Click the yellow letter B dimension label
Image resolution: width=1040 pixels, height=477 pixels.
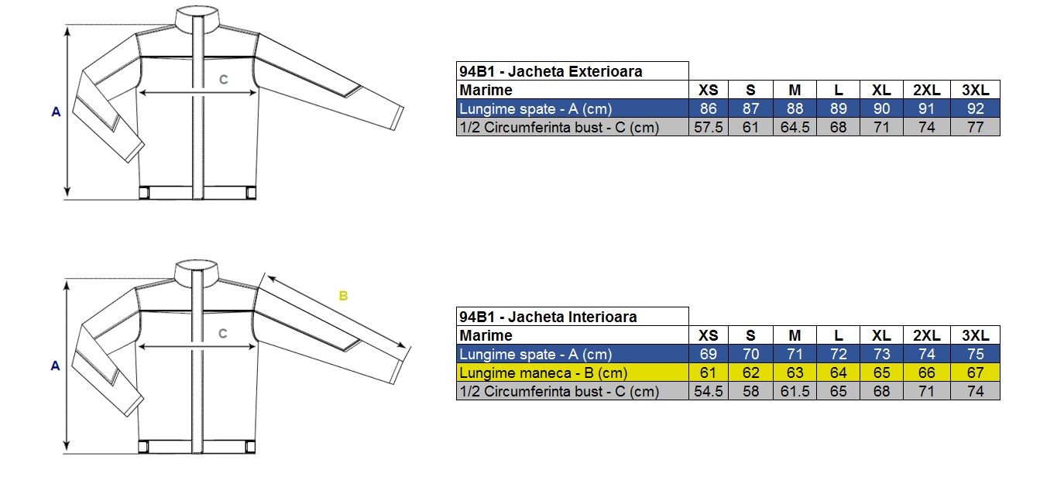pyautogui.click(x=343, y=296)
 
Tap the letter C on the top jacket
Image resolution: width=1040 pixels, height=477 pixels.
pyautogui.click(x=223, y=80)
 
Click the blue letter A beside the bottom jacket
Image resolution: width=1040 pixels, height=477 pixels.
pyautogui.click(x=55, y=366)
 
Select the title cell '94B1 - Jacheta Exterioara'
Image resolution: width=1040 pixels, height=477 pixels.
pyautogui.click(x=551, y=71)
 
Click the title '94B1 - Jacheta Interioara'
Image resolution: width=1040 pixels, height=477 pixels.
pyautogui.click(x=547, y=317)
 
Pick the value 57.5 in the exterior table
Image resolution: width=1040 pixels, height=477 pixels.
pyautogui.click(x=708, y=127)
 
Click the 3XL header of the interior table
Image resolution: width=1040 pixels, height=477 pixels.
pyautogui.click(x=975, y=335)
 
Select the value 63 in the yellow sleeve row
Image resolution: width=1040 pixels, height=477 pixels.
pyautogui.click(x=795, y=372)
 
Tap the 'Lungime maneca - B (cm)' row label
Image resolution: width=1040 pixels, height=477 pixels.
pyautogui.click(x=543, y=373)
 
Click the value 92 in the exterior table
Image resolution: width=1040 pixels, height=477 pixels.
pyautogui.click(x=976, y=108)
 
